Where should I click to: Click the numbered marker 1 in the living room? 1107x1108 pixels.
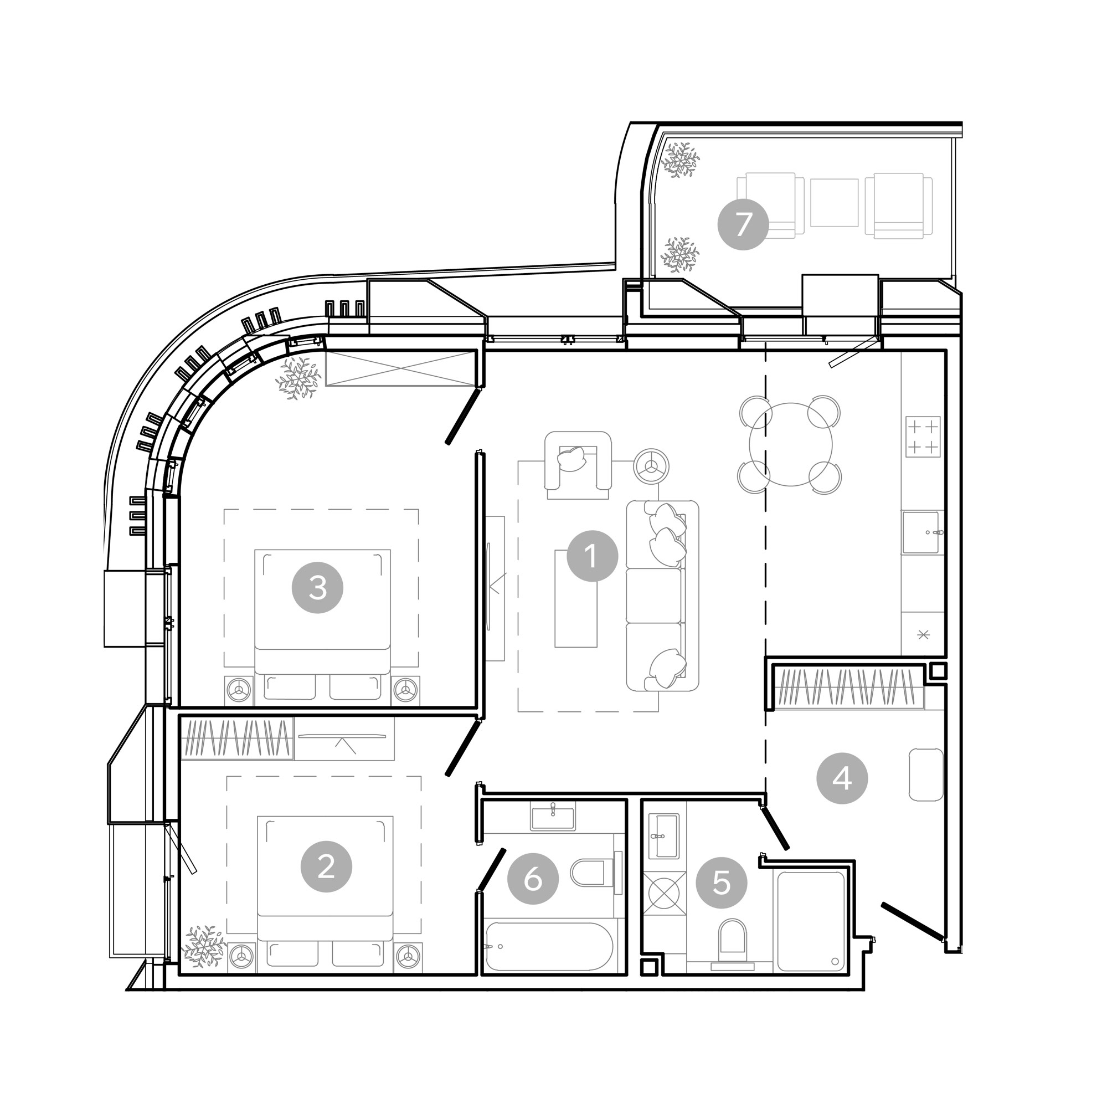point(592,556)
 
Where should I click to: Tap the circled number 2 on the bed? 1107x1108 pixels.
point(326,866)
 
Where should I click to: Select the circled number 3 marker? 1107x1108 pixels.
point(318,587)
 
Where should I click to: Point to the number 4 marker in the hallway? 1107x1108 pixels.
point(842,779)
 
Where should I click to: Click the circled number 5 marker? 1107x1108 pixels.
point(722,883)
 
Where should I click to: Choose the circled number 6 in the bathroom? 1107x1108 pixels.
point(533,879)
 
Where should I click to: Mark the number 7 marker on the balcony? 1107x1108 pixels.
point(743,224)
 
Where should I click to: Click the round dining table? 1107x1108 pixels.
point(791,444)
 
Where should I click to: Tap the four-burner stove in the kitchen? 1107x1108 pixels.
point(923,437)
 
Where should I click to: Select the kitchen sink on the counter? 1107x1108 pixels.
point(921,532)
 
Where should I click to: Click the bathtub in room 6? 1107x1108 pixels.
point(549,947)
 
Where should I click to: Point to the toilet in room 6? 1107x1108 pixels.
point(596,873)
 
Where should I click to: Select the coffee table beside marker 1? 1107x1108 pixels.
point(575,598)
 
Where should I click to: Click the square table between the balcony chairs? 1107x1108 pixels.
point(834,202)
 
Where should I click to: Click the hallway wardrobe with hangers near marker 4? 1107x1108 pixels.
point(848,686)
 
